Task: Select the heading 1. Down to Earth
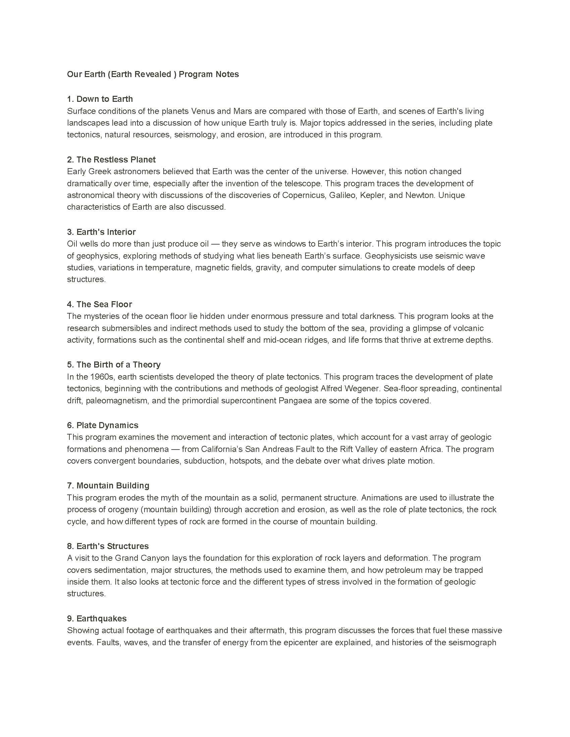coord(100,99)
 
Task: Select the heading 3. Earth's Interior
coord(101,232)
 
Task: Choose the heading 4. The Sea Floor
coord(99,304)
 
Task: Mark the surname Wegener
coord(362,388)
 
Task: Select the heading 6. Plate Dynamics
coord(103,425)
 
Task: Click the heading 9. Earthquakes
coord(97,618)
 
